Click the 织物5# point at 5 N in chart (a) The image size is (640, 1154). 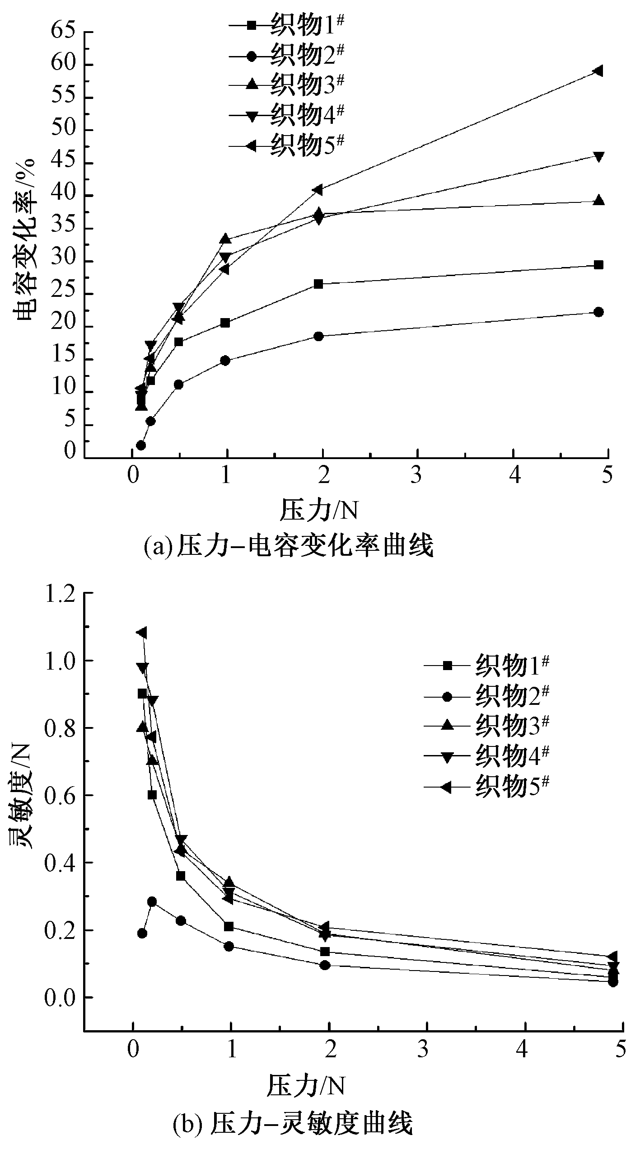pyautogui.click(x=598, y=71)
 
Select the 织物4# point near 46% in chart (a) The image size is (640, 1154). pyautogui.click(x=598, y=157)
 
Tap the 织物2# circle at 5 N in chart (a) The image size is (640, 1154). pyautogui.click(x=598, y=312)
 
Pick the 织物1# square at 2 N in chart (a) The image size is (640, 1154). pyautogui.click(x=318, y=284)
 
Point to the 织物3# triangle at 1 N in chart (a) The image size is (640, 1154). pyautogui.click(x=225, y=239)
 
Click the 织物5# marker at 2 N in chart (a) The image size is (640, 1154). pyautogui.click(x=318, y=190)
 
